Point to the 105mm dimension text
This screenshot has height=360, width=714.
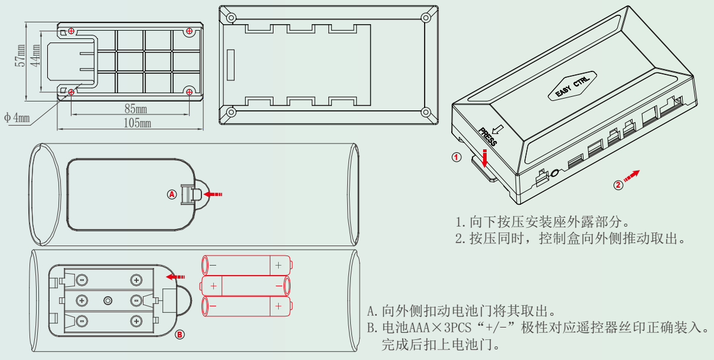point(136,123)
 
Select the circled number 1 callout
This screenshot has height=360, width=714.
point(456,157)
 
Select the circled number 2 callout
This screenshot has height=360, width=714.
point(618,185)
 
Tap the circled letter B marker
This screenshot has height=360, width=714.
point(181,335)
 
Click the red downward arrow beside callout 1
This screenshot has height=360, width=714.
point(485,158)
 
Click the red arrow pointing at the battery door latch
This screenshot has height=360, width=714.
point(213,193)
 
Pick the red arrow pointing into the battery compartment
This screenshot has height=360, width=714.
point(175,276)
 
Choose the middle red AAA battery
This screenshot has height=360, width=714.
point(246,286)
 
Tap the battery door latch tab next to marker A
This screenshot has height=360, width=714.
point(188,194)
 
